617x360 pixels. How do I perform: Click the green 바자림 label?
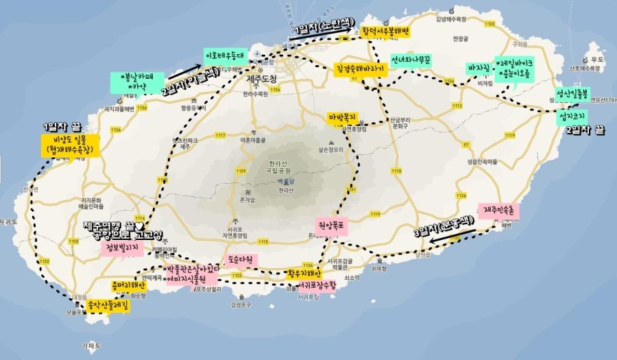click(x=479, y=69)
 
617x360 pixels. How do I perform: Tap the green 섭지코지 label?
click(x=570, y=118)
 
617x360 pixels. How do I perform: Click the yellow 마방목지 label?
click(x=343, y=118)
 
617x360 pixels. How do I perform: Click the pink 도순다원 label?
click(x=241, y=261)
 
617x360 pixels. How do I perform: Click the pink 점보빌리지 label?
click(x=120, y=247)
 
